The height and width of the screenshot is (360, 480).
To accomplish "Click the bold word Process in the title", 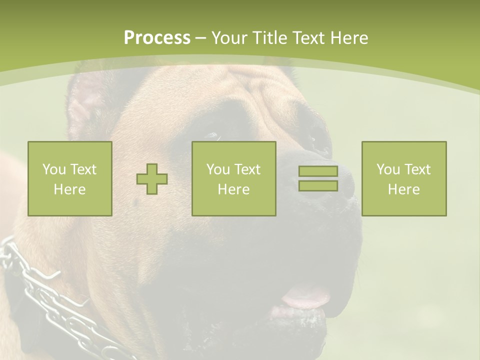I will pos(157,38).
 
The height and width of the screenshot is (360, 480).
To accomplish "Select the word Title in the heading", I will pos(271,38).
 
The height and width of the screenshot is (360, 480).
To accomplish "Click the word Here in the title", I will pos(350,38).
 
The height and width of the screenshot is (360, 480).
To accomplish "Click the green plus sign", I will pos(152,179).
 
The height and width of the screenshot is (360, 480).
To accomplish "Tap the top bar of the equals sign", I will pos(318,171).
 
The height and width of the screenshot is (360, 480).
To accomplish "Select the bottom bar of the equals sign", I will pos(318,186).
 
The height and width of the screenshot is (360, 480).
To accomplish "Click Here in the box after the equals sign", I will pos(404,189).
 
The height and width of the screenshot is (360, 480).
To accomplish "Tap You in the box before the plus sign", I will pos(54,169).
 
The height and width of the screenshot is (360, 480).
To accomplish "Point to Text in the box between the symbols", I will pos(247,169).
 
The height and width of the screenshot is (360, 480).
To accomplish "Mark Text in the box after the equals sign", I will pos(417,169).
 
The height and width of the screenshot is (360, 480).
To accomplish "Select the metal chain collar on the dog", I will pos(45,295).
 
